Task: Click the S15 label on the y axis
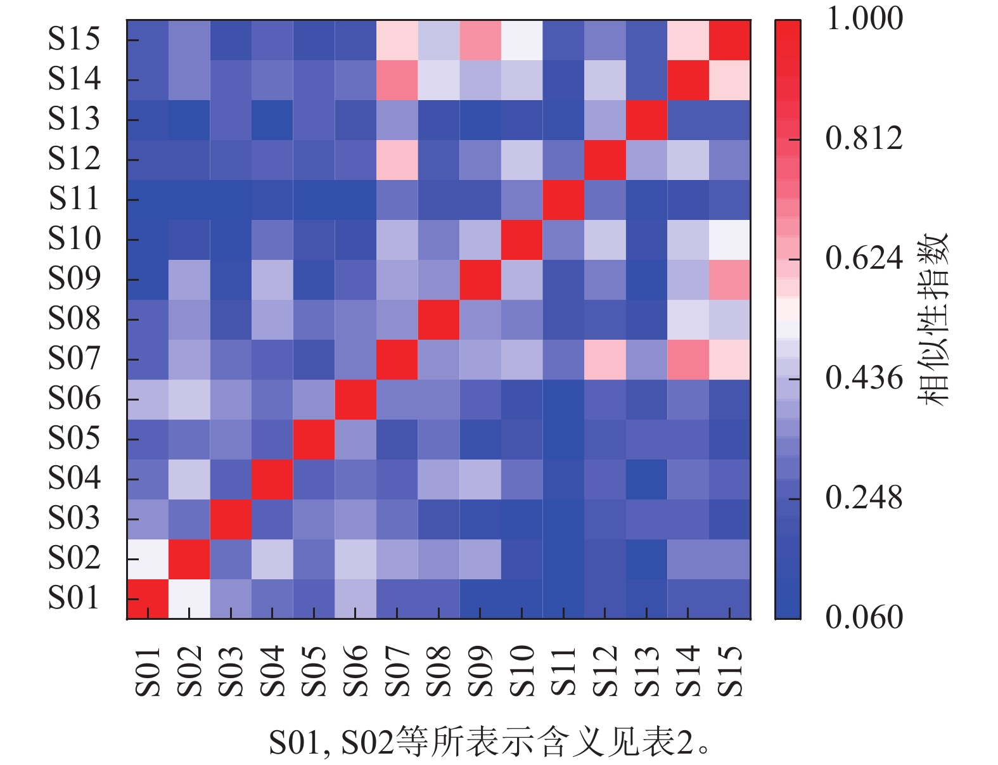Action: pos(74,39)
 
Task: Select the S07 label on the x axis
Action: pos(397,671)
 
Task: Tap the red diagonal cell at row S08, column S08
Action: pos(438,319)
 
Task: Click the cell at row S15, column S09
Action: pos(480,40)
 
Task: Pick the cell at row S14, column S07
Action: pos(397,80)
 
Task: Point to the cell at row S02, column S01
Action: pos(148,559)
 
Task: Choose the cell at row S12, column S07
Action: pos(397,160)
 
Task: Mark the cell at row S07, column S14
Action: pos(688,359)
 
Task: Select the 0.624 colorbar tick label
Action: pos(864,258)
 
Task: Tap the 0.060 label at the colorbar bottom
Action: pos(864,617)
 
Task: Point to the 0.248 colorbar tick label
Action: pos(864,498)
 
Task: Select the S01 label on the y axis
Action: pos(74,598)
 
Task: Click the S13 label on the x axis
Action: pos(646,671)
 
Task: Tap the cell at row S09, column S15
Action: pos(730,280)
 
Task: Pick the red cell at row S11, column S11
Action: pos(563,200)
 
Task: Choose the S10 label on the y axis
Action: pos(74,238)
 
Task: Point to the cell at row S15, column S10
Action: pos(522,40)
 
